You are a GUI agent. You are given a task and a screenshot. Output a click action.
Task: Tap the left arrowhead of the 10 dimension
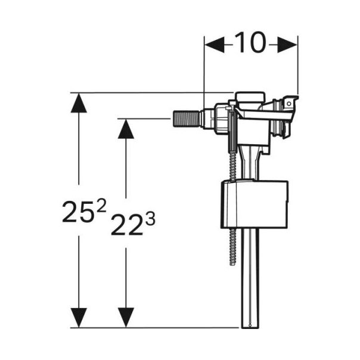[213, 44]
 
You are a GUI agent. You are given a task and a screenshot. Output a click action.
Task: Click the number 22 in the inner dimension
[127, 225]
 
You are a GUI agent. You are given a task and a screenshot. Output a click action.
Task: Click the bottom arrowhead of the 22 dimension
[125, 317]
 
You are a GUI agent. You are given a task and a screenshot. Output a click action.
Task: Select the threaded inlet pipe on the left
[190, 117]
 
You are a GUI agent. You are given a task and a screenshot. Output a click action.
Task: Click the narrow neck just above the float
[250, 167]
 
